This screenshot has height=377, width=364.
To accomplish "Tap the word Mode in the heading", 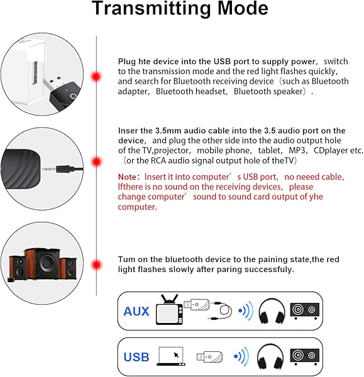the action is tap(238, 10).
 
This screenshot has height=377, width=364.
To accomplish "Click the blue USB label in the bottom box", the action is tap(136, 357).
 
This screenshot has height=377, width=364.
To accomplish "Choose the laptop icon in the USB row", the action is tap(172, 356).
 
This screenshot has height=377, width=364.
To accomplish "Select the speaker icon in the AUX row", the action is tap(305, 310).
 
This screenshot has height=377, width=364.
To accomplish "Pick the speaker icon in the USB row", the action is tap(305, 356).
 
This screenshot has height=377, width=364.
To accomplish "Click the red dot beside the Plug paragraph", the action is tap(96, 77).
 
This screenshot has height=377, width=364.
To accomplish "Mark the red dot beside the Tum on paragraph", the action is tap(96, 264).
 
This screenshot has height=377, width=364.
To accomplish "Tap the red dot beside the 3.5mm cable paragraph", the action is tap(96, 161).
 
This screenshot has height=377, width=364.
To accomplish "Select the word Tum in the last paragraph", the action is tap(126, 259).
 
